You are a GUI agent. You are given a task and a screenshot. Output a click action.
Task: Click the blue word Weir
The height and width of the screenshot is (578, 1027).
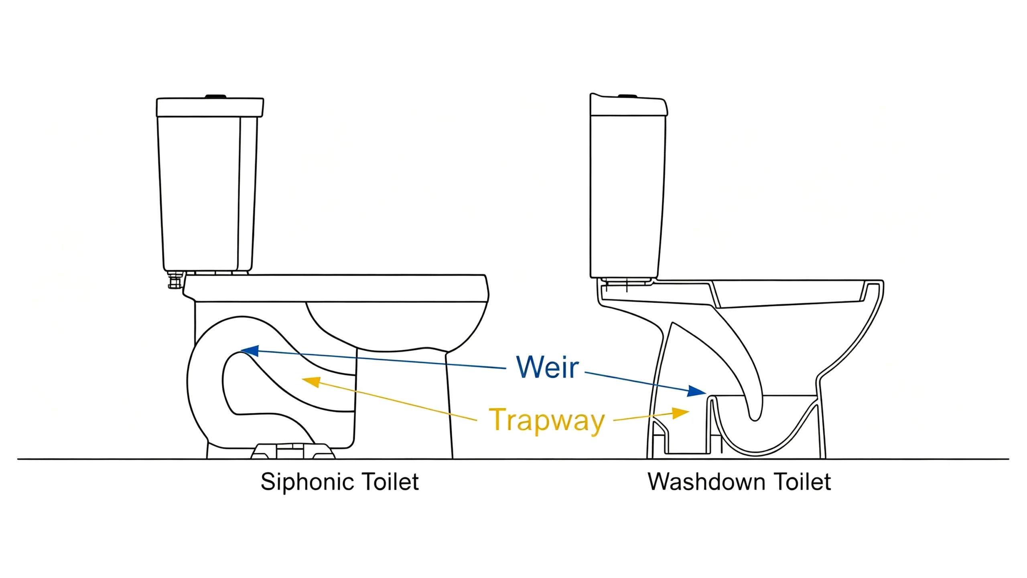tap(547, 367)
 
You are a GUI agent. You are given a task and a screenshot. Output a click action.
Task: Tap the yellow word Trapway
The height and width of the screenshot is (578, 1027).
tap(546, 420)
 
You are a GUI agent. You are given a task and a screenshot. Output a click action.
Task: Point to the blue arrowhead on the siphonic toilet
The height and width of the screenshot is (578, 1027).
tap(250, 351)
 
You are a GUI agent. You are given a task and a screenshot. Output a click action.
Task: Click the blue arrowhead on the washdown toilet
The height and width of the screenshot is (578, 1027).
tap(697, 391)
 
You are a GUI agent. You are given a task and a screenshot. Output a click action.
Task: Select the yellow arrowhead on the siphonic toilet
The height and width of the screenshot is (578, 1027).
tap(311, 382)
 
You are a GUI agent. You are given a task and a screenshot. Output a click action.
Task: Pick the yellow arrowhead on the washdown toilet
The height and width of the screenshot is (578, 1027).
tap(681, 413)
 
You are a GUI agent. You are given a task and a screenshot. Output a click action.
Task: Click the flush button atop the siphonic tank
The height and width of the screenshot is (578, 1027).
tap(216, 96)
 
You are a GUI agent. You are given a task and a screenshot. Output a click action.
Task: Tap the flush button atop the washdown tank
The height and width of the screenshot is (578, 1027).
tap(627, 96)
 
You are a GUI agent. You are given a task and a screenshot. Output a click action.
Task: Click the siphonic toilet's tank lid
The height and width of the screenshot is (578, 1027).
tap(210, 107)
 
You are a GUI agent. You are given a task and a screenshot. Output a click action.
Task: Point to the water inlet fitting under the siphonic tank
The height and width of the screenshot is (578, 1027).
tap(175, 280)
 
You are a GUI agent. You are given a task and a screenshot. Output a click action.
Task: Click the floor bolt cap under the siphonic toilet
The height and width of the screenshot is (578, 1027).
tap(293, 451)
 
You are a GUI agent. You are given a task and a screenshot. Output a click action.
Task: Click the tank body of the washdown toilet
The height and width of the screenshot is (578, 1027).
tap(627, 197)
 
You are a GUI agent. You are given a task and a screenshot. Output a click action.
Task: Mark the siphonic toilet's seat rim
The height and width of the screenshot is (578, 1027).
tap(336, 288)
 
